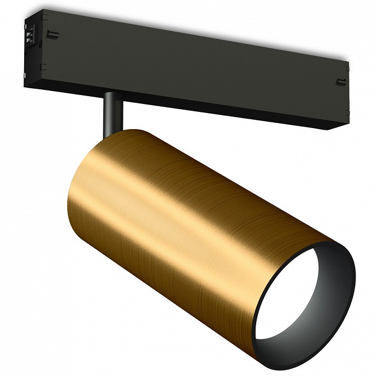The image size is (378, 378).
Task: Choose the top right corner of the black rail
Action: click(349, 62)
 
